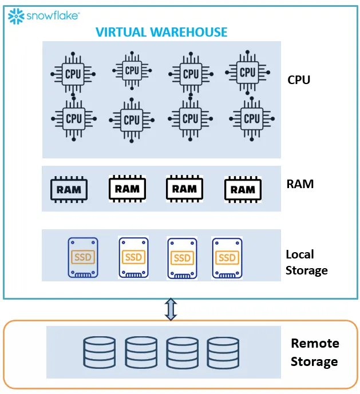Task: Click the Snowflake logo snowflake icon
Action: click(x=16, y=16)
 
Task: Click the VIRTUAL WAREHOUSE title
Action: click(x=161, y=32)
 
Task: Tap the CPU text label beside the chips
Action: click(x=299, y=79)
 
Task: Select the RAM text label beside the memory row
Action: click(x=300, y=184)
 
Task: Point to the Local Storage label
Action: click(x=307, y=262)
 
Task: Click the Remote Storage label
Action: click(x=315, y=352)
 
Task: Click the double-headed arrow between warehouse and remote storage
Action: click(x=171, y=309)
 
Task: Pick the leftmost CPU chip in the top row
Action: click(x=73, y=74)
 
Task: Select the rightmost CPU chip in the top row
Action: click(x=247, y=73)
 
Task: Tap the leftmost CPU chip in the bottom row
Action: click(x=74, y=118)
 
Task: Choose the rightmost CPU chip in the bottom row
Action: click(x=251, y=118)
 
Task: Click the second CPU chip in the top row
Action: click(x=132, y=71)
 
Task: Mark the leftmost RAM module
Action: click(x=69, y=189)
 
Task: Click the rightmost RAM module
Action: click(x=243, y=189)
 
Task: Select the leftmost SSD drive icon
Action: click(x=83, y=258)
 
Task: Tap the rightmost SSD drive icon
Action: click(x=227, y=258)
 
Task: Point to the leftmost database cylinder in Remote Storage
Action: click(x=99, y=352)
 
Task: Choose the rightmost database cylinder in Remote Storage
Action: click(x=223, y=352)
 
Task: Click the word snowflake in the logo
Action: click(x=53, y=17)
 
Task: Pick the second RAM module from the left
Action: click(x=127, y=188)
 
